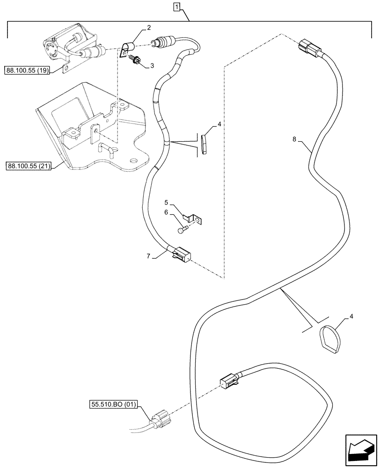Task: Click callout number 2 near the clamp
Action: coord(148,28)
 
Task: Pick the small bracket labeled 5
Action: coord(193,218)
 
